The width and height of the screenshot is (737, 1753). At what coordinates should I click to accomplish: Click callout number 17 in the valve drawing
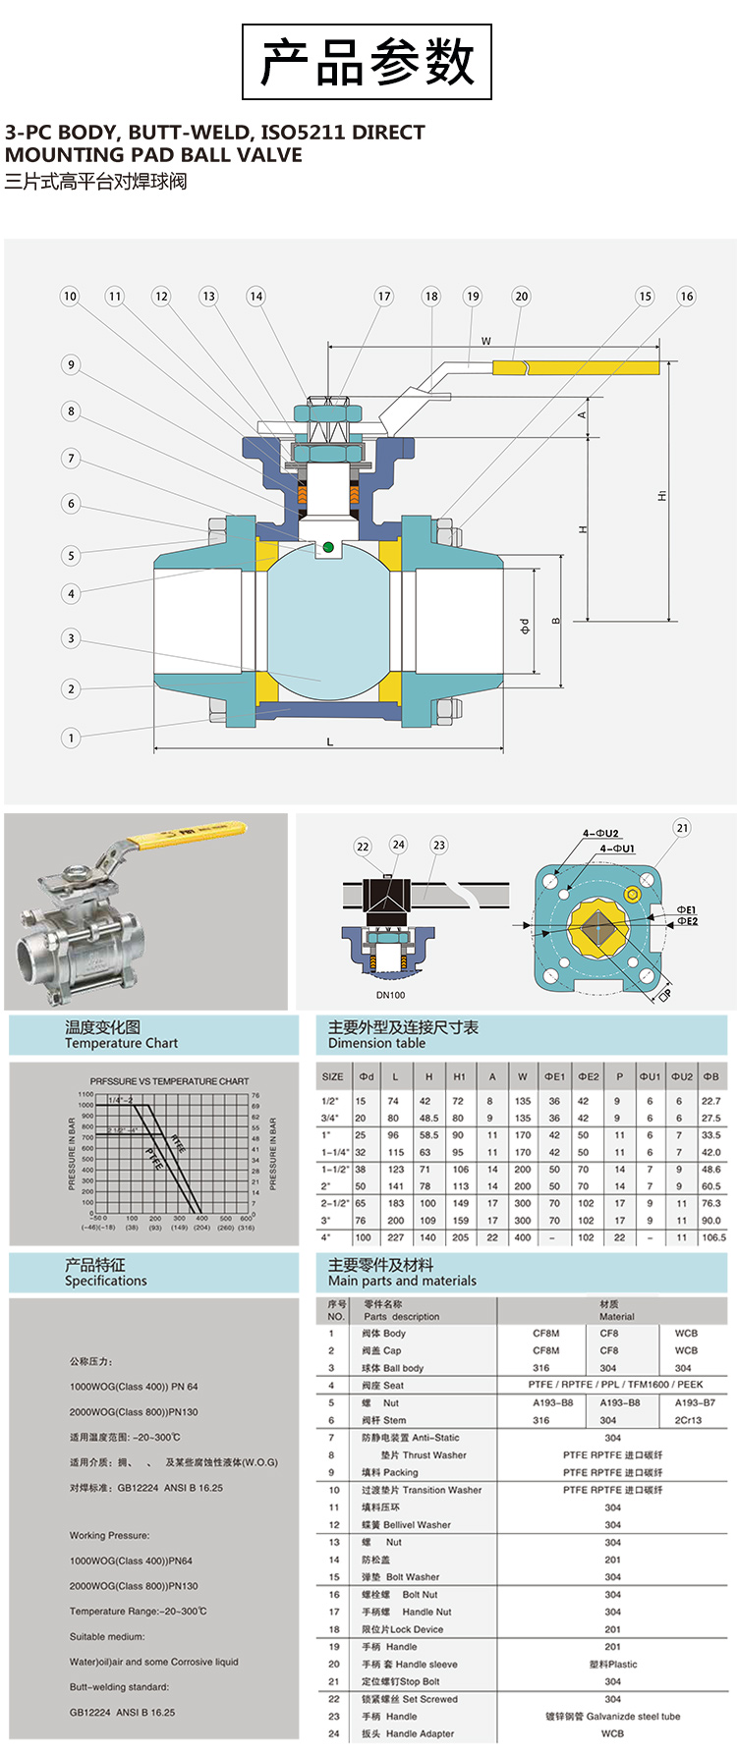click(x=384, y=296)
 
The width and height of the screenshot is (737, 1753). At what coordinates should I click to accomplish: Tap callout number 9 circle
click(x=71, y=364)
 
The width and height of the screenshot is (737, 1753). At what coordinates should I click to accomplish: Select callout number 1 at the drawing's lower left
click(x=71, y=738)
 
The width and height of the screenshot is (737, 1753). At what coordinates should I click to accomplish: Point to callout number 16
click(x=686, y=296)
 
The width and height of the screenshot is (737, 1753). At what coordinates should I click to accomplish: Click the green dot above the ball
click(x=328, y=547)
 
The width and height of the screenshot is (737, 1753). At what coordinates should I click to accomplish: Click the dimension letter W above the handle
click(x=485, y=341)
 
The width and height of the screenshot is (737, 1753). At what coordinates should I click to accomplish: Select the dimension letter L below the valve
click(x=329, y=741)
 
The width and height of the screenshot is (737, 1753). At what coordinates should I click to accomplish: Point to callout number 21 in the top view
click(x=683, y=828)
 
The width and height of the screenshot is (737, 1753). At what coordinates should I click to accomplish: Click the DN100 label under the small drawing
click(x=390, y=995)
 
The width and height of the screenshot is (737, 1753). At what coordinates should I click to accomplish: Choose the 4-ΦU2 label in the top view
click(x=600, y=834)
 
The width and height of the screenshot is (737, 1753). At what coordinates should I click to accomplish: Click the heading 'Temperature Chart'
click(x=121, y=1043)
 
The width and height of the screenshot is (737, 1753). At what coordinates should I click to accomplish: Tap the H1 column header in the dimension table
click(x=459, y=1076)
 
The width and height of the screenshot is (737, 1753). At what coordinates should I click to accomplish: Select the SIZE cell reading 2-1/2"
click(x=334, y=1203)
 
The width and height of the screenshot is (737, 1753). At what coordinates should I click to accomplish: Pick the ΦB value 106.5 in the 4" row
click(x=713, y=1237)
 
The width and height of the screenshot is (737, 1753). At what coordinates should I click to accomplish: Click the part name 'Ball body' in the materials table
click(x=403, y=1368)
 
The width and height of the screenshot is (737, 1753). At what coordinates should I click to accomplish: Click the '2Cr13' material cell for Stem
click(x=688, y=1420)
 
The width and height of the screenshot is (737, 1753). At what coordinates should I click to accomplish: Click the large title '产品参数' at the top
click(x=367, y=62)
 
